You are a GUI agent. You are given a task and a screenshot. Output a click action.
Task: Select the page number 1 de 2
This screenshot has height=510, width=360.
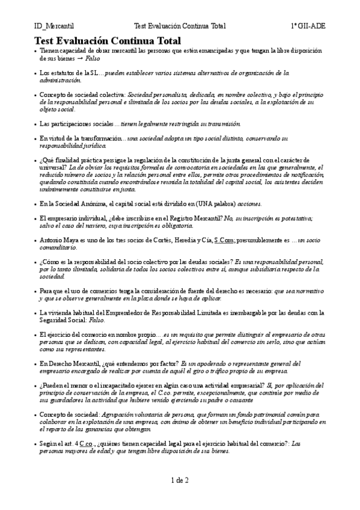pyautogui.click(x=180, y=480)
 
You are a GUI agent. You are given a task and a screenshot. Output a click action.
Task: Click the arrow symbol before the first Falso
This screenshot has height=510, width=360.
pyautogui.click(x=79, y=60)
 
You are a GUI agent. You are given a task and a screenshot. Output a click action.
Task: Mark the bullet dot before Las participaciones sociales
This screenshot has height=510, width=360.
pyautogui.click(x=35, y=124)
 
